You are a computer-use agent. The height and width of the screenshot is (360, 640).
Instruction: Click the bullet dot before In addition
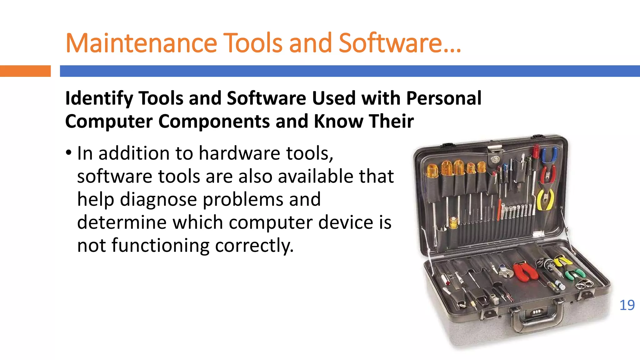pyautogui.click(x=69, y=153)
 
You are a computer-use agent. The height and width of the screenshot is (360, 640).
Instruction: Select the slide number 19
pyautogui.click(x=627, y=305)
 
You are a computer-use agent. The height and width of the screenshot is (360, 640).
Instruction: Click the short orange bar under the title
pyautogui.click(x=25, y=71)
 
